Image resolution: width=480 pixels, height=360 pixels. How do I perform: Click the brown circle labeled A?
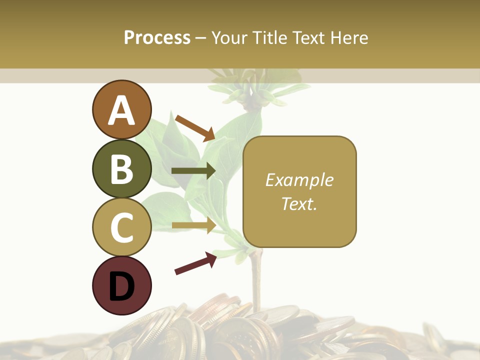(x=122, y=109)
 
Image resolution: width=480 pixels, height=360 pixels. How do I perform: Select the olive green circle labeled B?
(x=122, y=168)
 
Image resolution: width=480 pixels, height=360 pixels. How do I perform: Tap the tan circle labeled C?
(x=122, y=227)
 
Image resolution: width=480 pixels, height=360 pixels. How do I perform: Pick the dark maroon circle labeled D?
(x=122, y=285)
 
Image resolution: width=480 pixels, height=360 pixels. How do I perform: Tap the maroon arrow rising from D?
(x=195, y=263)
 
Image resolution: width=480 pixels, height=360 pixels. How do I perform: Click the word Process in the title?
(x=157, y=37)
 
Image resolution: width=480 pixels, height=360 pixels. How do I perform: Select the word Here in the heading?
(x=348, y=37)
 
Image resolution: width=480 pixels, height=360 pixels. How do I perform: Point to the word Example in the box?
(x=299, y=180)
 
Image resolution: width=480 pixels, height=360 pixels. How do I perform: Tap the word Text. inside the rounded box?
(x=299, y=203)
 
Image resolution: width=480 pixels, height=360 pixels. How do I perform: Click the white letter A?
(x=122, y=110)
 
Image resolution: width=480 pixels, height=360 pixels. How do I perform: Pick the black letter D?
(x=122, y=286)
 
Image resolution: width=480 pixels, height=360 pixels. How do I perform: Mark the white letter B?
(x=122, y=169)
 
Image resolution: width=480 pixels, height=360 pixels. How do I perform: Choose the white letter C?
(x=122, y=227)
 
